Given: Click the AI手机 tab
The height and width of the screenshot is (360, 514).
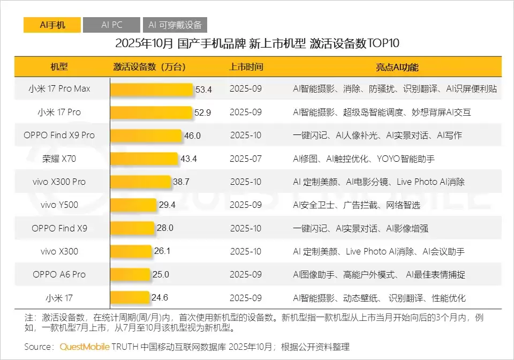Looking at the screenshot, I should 52,25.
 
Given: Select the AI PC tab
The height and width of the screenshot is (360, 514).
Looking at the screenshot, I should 111,25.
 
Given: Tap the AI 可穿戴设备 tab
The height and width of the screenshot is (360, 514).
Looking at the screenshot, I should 175,25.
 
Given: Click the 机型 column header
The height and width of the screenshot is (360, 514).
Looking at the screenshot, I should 59,67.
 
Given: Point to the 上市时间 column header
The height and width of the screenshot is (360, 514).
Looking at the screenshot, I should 246,67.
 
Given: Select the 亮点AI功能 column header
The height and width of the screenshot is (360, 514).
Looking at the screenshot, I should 397,67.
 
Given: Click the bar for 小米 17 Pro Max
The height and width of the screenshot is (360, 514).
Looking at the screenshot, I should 152,89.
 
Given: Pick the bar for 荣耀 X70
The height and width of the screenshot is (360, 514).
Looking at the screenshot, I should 144,159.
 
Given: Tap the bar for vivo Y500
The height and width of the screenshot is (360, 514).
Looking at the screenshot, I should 133,205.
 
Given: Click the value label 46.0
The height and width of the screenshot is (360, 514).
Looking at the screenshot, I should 192,136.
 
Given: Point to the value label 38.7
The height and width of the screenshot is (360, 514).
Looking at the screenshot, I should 181,182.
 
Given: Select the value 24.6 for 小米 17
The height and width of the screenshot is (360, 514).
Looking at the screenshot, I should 160,298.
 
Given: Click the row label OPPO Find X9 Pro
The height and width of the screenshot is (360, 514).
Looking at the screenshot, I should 59,135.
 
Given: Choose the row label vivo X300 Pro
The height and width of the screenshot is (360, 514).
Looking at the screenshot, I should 59,182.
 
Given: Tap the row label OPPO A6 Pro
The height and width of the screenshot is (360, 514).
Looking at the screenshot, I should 59,274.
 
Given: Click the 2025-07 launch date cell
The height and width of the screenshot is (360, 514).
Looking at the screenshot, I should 246,159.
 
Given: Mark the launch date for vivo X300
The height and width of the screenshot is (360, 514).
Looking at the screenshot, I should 246,251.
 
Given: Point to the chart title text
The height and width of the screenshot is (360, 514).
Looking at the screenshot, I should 257,43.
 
